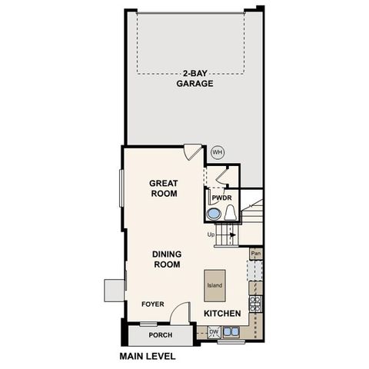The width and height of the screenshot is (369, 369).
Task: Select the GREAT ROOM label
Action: tap(163, 188)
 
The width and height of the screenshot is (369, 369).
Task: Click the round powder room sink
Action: tap(216, 214)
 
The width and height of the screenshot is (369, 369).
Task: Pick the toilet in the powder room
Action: tap(229, 212)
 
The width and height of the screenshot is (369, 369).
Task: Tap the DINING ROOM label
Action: tap(166, 259)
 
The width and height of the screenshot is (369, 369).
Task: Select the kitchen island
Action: tap(214, 285)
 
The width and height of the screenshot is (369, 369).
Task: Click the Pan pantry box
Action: tap(255, 253)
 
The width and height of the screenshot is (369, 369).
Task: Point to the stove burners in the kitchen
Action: tap(256, 304)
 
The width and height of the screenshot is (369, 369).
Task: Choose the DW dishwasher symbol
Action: tap(213, 332)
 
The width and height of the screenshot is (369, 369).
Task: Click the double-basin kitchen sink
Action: tap(232, 332)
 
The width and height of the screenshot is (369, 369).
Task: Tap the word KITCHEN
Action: tap(223, 314)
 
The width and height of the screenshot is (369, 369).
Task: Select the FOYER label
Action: tap(152, 304)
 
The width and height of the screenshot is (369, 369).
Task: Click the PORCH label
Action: tap(161, 335)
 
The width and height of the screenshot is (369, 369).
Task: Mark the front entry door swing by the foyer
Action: tap(179, 312)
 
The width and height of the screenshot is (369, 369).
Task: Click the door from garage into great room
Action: tap(192, 151)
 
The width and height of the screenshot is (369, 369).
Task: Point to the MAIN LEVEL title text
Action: tap(147, 357)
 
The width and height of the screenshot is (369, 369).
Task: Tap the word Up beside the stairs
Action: tap(210, 234)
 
